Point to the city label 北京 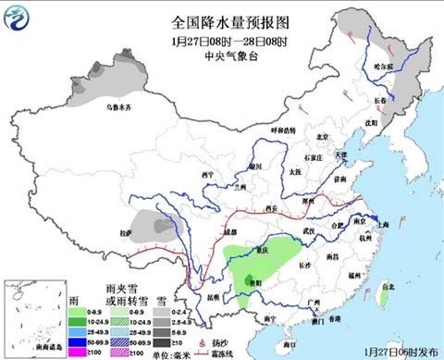(x=323, y=137)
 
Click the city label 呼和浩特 (x=282, y=130)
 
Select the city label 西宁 (x=208, y=174)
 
